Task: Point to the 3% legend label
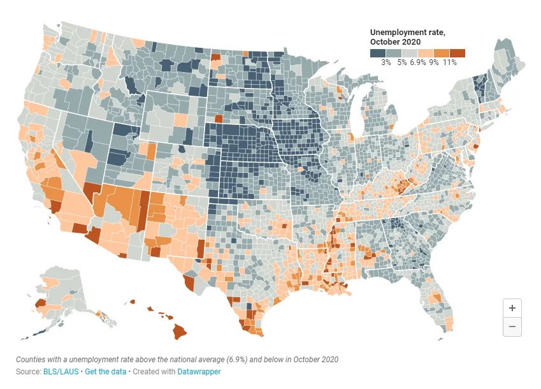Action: [386, 62]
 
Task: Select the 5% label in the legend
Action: [403, 62]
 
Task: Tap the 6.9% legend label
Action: [419, 62]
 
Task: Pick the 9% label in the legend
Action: [435, 62]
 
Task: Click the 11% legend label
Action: [451, 62]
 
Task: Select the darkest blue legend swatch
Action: [378, 53]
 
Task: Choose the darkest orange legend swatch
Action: [458, 53]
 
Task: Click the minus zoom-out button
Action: [512, 327]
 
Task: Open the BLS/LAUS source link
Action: [62, 371]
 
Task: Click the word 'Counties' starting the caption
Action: [31, 360]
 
